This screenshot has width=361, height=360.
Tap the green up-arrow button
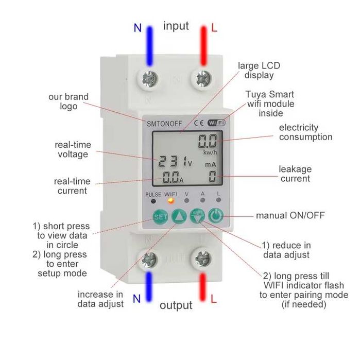click(x=179, y=216)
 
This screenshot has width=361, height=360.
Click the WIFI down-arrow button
click(x=197, y=216)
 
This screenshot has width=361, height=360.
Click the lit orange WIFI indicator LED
click(x=170, y=201)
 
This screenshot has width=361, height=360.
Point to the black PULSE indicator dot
click(x=153, y=201)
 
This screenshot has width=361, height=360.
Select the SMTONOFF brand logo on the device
click(x=164, y=124)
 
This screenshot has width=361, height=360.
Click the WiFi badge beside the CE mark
click(x=216, y=123)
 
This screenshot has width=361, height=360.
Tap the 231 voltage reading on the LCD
click(x=172, y=161)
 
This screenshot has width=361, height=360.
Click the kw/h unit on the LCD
click(x=210, y=152)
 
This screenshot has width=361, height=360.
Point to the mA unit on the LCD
click(x=211, y=165)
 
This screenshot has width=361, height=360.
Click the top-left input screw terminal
click(x=150, y=79)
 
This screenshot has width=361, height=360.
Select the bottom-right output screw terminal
click(x=203, y=259)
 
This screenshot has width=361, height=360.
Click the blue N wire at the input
click(x=150, y=46)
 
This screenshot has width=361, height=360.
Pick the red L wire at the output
click(x=202, y=287)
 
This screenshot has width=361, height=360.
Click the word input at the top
click(x=176, y=26)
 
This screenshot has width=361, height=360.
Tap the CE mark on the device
click(x=199, y=123)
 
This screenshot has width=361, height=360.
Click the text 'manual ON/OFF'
click(x=290, y=215)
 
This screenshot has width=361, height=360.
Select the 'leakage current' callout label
click(x=295, y=174)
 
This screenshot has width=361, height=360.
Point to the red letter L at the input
click(x=214, y=28)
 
